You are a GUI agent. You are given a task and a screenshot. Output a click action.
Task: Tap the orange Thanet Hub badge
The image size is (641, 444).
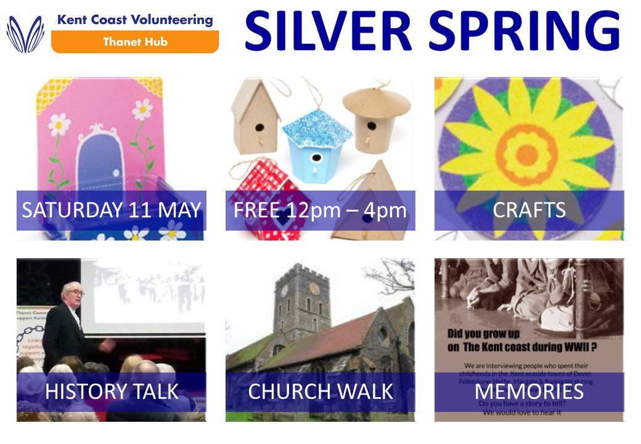tap(134, 42)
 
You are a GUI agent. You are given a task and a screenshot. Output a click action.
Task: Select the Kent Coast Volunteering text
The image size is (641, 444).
tap(134, 20)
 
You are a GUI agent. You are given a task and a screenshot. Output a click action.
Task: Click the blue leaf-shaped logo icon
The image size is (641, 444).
tap(25, 34)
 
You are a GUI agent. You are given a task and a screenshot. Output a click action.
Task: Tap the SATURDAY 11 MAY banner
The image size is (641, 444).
tap(112, 210)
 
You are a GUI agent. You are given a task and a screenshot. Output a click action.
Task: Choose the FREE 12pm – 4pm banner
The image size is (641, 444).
tap(320, 210)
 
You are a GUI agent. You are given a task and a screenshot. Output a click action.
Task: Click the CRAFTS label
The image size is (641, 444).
tap(529, 210)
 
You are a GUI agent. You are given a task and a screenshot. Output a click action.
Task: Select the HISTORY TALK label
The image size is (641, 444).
tap(112, 392)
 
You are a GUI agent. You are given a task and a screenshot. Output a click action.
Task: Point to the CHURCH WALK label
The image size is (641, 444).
tap(320, 392)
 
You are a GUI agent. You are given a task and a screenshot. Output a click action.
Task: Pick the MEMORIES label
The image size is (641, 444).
tap(529, 392)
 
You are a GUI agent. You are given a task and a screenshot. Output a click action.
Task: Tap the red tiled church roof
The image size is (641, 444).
tap(345, 336)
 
